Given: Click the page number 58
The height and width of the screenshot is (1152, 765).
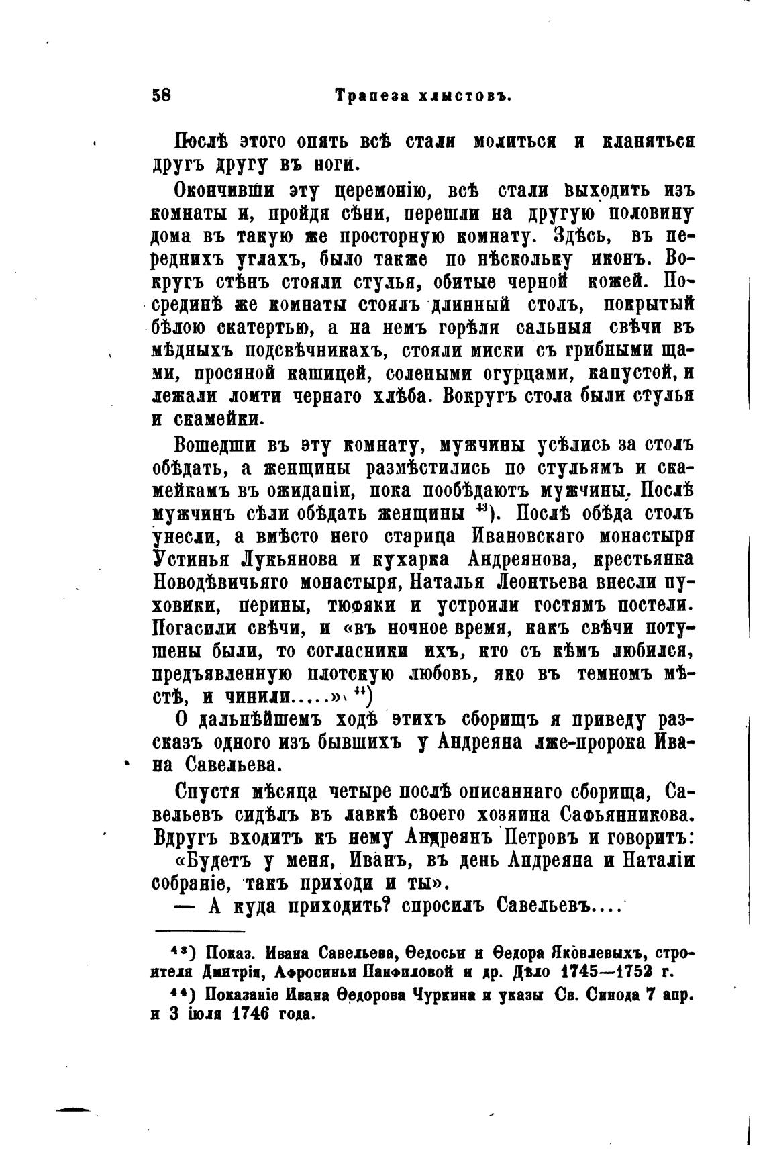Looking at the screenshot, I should (x=162, y=95).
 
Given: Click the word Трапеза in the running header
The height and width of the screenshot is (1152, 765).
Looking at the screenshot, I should (x=370, y=96).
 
